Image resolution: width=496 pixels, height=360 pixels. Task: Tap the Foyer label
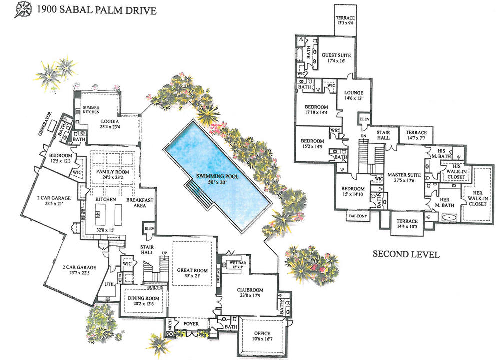click(192, 324)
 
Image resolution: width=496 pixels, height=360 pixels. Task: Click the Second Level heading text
click(406, 254)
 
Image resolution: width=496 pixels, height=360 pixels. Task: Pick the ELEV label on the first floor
click(149, 228)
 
